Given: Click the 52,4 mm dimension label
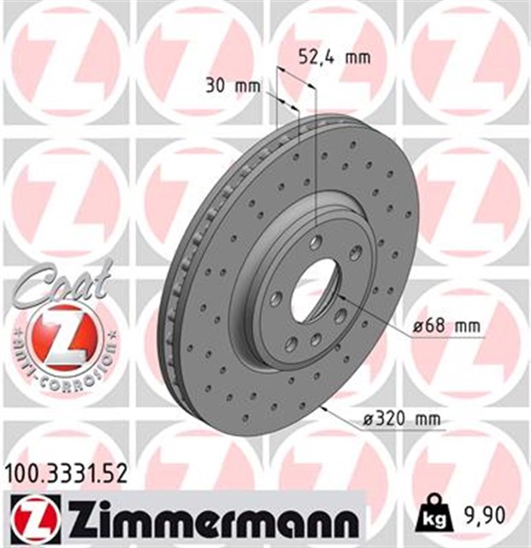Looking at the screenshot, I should click(334, 57).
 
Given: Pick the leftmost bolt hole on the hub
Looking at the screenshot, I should click(275, 298).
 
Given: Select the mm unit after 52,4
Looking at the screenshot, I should click(357, 57).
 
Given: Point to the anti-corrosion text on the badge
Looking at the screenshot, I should click(64, 364).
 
